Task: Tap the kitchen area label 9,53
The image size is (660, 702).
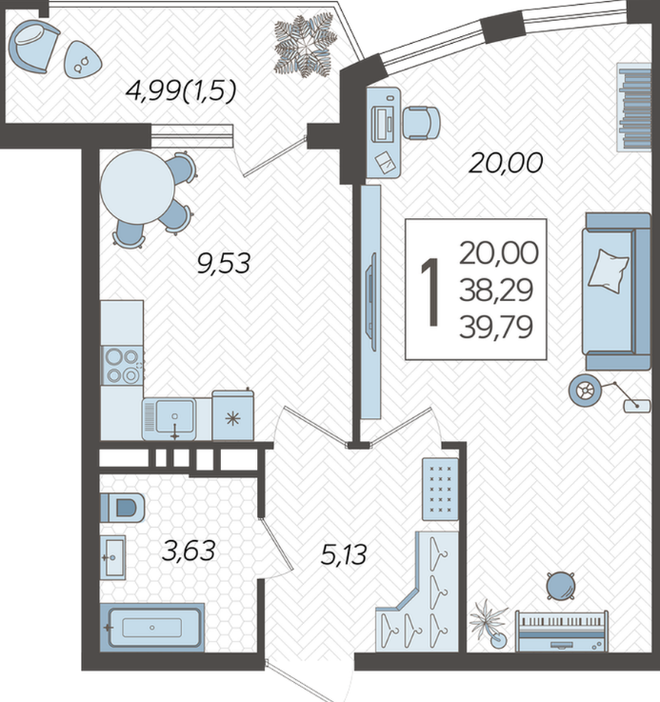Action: [x=224, y=263]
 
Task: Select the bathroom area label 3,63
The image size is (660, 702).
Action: [x=189, y=551]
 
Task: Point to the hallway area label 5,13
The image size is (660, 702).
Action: [x=344, y=553]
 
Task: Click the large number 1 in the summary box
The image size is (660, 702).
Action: [x=430, y=291]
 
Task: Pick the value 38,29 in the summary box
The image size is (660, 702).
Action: [x=496, y=291]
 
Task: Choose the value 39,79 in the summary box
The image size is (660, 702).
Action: [x=496, y=328]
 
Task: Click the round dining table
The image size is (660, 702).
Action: [x=137, y=188]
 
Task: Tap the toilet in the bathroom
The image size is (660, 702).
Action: [x=122, y=508]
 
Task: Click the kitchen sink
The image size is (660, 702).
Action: [x=170, y=419]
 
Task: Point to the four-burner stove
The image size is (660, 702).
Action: [x=122, y=366]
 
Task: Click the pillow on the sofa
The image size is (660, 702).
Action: [x=608, y=271]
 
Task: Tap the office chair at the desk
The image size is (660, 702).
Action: [x=421, y=123]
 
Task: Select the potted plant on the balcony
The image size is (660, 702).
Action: [x=306, y=45]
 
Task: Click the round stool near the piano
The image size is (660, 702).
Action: [x=560, y=585]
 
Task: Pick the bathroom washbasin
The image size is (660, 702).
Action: [x=112, y=557]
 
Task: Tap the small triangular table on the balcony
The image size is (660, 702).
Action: [x=82, y=60]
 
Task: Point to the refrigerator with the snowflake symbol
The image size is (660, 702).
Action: [x=232, y=416]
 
